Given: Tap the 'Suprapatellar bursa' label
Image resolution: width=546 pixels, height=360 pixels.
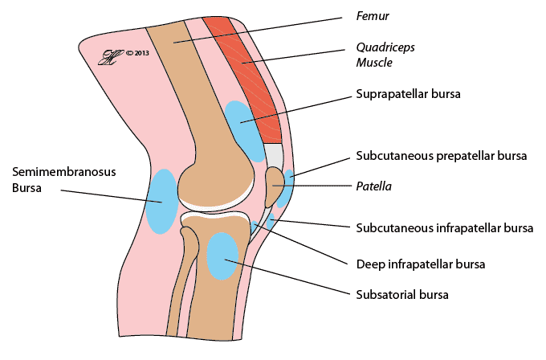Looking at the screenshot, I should coord(405,94).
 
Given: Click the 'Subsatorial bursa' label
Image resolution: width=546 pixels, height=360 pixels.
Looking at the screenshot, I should coord(401,294).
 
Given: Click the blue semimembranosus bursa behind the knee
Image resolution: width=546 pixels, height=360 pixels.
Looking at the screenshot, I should coord(161,201).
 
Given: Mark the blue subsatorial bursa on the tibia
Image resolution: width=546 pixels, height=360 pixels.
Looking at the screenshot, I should coord(222,256).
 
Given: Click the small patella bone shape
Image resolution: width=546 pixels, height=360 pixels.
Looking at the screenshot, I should coord(275,186).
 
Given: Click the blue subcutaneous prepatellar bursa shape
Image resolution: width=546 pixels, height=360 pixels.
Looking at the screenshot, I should coord(287,186).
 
